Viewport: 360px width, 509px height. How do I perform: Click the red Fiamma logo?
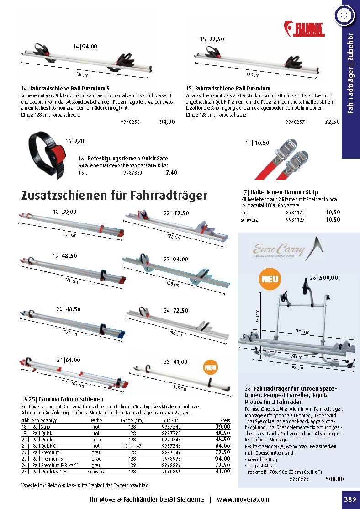click(304, 28)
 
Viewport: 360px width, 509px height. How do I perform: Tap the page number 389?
click(350, 499)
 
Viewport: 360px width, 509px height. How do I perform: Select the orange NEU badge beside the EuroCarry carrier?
click(270, 278)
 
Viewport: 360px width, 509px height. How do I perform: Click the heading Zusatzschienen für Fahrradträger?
click(114, 196)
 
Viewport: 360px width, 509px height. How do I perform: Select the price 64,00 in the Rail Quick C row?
click(223, 445)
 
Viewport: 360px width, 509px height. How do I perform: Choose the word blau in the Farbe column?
click(96, 439)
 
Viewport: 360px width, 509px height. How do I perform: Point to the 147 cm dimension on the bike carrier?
click(300, 367)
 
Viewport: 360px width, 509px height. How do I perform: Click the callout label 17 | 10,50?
click(257, 143)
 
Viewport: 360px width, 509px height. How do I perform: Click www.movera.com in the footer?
click(243, 499)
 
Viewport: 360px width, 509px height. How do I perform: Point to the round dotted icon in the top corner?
click(344, 15)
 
